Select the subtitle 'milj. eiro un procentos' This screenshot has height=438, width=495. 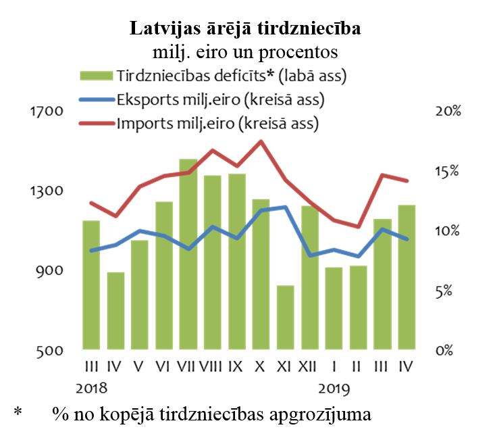[x=246, y=52]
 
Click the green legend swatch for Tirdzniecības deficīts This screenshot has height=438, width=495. [x=97, y=76]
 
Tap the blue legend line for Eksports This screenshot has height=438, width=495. [x=97, y=100]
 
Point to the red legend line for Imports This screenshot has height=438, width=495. [x=97, y=124]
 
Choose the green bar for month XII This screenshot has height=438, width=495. [x=310, y=278]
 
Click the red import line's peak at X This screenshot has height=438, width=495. [x=261, y=141]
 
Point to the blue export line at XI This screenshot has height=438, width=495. [x=286, y=207]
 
